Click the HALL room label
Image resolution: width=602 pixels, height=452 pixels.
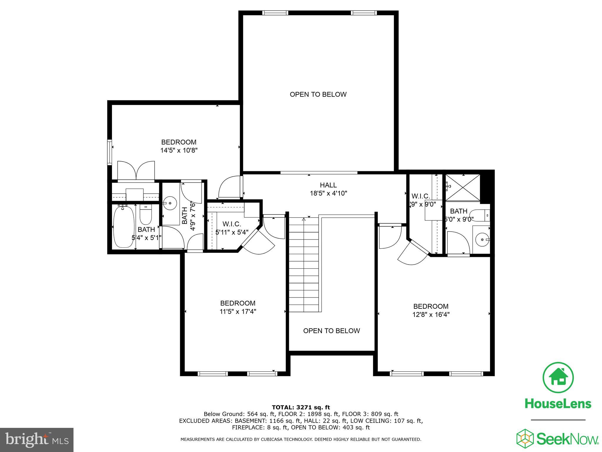point(328,185)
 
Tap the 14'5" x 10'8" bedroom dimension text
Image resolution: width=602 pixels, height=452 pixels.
point(178,150)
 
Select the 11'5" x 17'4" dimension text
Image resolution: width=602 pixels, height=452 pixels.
point(238,311)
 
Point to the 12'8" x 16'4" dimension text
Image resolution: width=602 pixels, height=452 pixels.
point(431,315)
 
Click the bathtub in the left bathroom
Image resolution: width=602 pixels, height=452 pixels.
point(124,227)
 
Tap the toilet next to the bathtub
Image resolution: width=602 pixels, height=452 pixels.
point(145,215)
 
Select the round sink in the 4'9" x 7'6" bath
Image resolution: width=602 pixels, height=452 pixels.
point(170,203)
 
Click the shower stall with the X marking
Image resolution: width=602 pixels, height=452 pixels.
point(463,187)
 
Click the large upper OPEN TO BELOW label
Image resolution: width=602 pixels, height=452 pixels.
point(318,94)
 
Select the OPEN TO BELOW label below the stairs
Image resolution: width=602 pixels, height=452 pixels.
point(331,331)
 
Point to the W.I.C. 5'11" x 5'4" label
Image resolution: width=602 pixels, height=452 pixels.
point(232,228)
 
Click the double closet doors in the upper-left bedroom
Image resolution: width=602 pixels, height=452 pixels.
point(136,170)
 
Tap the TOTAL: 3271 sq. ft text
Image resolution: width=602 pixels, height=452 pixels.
point(301,407)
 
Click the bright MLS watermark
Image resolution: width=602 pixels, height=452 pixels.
point(37,440)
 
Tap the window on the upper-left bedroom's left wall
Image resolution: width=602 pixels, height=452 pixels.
point(110,152)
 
